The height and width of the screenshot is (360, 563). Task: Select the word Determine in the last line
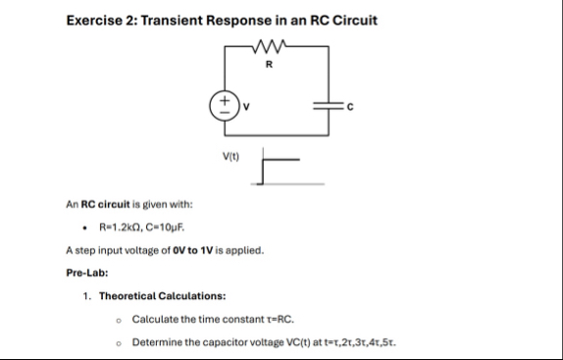tap(158, 342)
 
